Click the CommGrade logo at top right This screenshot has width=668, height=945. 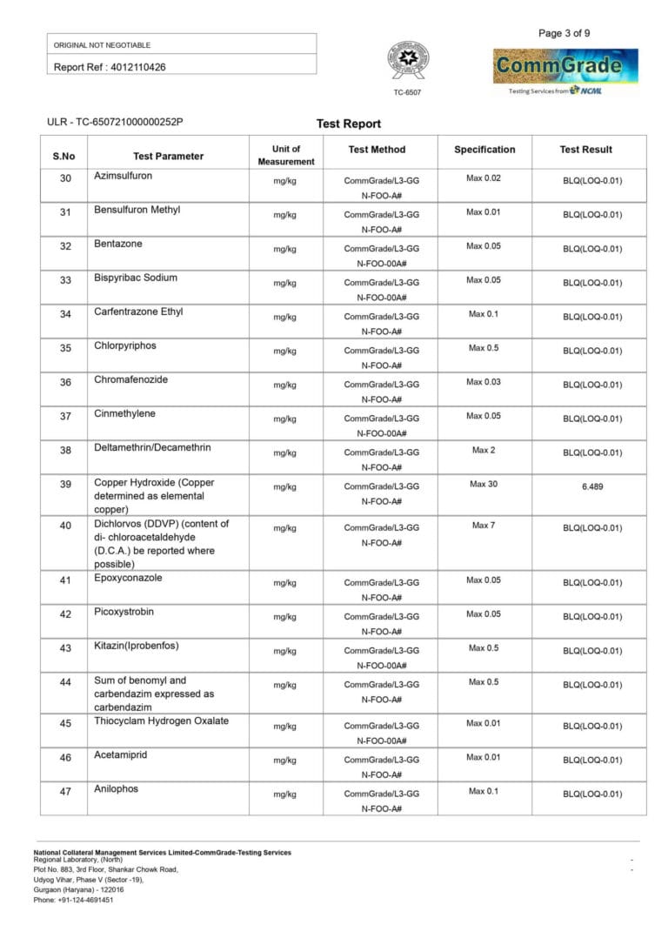(565, 67)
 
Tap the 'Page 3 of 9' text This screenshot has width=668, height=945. (564, 33)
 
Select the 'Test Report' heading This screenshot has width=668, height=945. (349, 124)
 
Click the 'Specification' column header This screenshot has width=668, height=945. (484, 150)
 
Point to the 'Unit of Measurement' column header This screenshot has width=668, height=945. (285, 155)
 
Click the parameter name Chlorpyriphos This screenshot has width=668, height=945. (125, 345)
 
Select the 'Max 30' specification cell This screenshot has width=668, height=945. (484, 484)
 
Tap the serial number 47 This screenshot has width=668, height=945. (65, 791)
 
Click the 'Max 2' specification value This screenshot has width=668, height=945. (484, 450)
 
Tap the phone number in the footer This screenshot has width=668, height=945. (73, 900)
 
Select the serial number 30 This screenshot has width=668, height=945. (65, 179)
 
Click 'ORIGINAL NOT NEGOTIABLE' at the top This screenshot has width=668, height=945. (103, 44)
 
